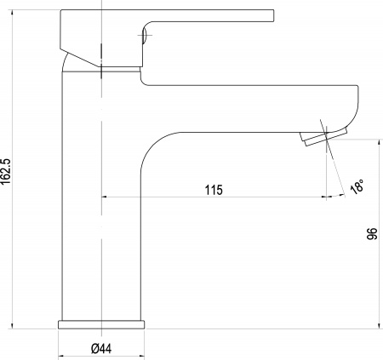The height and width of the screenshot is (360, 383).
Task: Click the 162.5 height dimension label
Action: point(5,171)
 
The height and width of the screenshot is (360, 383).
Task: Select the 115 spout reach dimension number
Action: point(214,190)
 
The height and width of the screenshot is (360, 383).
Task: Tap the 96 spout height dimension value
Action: point(372,233)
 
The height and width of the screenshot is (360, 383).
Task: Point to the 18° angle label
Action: point(357,186)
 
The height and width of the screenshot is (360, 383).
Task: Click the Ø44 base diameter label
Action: point(101,348)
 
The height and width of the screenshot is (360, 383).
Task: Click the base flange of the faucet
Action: point(101,324)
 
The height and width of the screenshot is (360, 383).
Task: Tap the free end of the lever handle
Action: point(273,15)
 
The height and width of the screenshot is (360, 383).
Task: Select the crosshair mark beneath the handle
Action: point(145,35)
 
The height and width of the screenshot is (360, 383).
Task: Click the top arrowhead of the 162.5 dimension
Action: point(12,13)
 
